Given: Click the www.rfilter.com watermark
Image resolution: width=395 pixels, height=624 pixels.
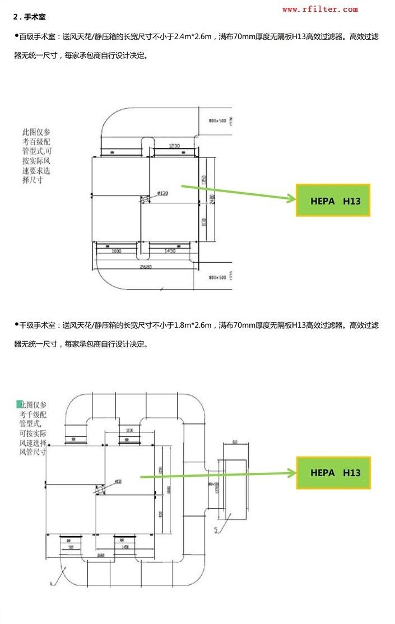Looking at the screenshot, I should click(319, 9).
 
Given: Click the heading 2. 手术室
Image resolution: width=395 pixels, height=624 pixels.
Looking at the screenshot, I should click(29, 17).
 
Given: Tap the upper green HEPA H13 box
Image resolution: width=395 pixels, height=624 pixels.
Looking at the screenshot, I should click(333, 201).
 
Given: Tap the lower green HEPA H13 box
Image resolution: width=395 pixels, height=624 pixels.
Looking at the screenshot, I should click(333, 473).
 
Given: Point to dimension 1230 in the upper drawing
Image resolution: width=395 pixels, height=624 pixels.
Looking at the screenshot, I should click(174, 146).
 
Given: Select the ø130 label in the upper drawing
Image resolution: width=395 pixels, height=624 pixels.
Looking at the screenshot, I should click(162, 193).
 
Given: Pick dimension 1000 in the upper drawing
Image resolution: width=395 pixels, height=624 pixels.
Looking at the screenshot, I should click(117, 252).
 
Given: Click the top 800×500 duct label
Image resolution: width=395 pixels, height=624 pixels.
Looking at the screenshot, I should click(217, 120).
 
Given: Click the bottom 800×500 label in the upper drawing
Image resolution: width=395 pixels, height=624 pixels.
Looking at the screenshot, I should click(217, 277).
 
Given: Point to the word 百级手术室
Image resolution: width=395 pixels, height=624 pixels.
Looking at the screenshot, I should click(38, 37).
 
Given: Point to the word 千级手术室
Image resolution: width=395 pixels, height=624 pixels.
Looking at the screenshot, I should click(38, 325).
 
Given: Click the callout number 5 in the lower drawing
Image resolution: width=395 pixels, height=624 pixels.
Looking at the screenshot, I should click(216, 529).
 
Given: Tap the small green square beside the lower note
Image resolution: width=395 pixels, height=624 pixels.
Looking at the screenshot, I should click(20, 403).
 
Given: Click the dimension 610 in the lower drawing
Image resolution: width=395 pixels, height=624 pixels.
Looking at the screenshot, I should click(235, 442).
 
